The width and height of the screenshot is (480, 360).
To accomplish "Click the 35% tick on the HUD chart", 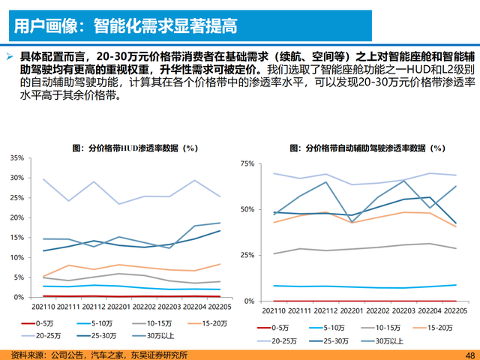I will tap(16, 159).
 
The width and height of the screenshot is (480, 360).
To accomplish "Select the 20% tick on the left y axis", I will tap(16, 218).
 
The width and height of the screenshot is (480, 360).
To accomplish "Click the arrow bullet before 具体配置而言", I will tap(9, 57).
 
